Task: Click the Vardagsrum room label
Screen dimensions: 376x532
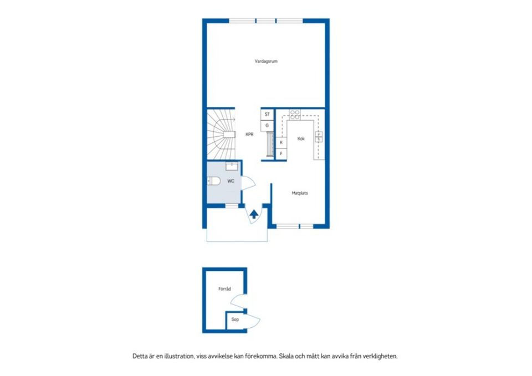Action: pyautogui.click(x=266, y=61)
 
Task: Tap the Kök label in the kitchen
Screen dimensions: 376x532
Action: pyautogui.click(x=301, y=138)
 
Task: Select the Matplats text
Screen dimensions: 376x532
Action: pyautogui.click(x=300, y=193)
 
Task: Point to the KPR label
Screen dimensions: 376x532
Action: pyautogui.click(x=249, y=134)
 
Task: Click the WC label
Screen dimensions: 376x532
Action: pyautogui.click(x=231, y=181)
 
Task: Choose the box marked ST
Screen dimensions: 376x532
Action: pyautogui.click(x=267, y=115)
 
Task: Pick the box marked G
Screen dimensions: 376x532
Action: pyautogui.click(x=267, y=126)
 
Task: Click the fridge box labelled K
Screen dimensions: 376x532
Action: pyautogui.click(x=281, y=142)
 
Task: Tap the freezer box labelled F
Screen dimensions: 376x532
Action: pyautogui.click(x=281, y=153)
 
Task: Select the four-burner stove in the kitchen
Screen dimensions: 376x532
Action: pyautogui.click(x=295, y=115)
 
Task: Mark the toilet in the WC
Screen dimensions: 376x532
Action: pyautogui.click(x=213, y=181)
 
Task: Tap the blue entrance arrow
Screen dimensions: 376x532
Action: pyautogui.click(x=254, y=214)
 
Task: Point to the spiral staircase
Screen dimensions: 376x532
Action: pyautogui.click(x=222, y=133)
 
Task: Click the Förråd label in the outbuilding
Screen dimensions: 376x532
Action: pyautogui.click(x=224, y=289)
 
